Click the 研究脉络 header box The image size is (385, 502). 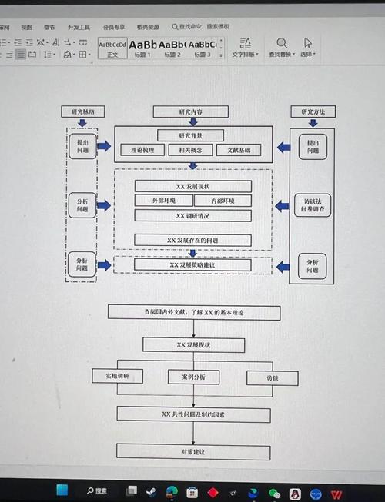click(x=82, y=111)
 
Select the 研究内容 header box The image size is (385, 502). click(x=192, y=111)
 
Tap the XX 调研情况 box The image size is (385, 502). click(x=192, y=216)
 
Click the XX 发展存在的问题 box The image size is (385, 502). click(x=192, y=240)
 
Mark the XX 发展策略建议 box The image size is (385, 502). click(x=192, y=265)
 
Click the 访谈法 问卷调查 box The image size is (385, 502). click(x=312, y=204)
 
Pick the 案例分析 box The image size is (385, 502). click(x=192, y=377)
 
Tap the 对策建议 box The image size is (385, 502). click(x=192, y=452)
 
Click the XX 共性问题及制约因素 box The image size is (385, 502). click(x=192, y=414)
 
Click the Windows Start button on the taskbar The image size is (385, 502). click(x=62, y=490)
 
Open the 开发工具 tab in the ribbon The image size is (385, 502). click(x=79, y=27)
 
